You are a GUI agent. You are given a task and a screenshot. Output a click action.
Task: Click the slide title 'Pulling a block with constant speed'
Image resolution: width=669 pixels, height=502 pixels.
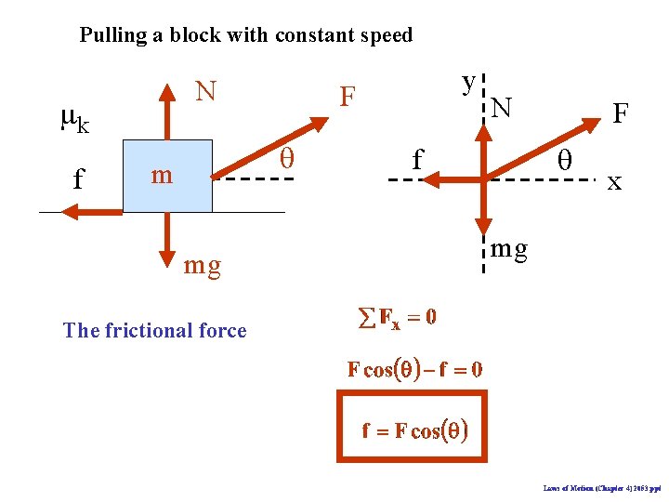tap(246, 36)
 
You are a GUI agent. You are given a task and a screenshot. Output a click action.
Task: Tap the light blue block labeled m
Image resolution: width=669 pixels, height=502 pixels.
tap(168, 177)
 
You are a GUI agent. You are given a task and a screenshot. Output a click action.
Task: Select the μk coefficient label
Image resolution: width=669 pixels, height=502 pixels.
tap(74, 120)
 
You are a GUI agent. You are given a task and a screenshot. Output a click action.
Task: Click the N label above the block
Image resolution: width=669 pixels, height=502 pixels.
tap(205, 91)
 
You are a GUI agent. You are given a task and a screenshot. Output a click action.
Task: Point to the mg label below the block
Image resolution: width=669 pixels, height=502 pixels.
tap(203, 266)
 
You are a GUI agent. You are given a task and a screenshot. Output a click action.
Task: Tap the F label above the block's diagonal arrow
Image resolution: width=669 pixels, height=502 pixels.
tap(348, 97)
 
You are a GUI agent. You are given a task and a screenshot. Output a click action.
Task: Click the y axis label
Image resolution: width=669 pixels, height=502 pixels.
tap(469, 81)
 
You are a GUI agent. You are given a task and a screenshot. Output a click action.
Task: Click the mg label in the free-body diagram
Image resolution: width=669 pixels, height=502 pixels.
tap(509, 248)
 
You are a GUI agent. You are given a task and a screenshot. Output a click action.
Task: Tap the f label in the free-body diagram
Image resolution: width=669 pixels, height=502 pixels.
tap(418, 161)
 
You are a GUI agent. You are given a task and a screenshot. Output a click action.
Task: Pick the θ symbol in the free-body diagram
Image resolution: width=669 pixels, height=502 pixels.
tap(563, 160)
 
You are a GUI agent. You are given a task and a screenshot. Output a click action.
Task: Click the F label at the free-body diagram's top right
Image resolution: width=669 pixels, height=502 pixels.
tap(621, 113)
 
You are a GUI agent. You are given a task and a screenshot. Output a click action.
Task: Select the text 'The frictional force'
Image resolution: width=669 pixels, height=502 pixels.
tap(154, 331)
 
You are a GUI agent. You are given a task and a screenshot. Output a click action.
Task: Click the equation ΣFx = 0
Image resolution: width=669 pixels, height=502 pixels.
tap(397, 318)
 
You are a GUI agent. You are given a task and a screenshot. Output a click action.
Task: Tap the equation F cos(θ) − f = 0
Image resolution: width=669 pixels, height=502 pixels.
tap(414, 369)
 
